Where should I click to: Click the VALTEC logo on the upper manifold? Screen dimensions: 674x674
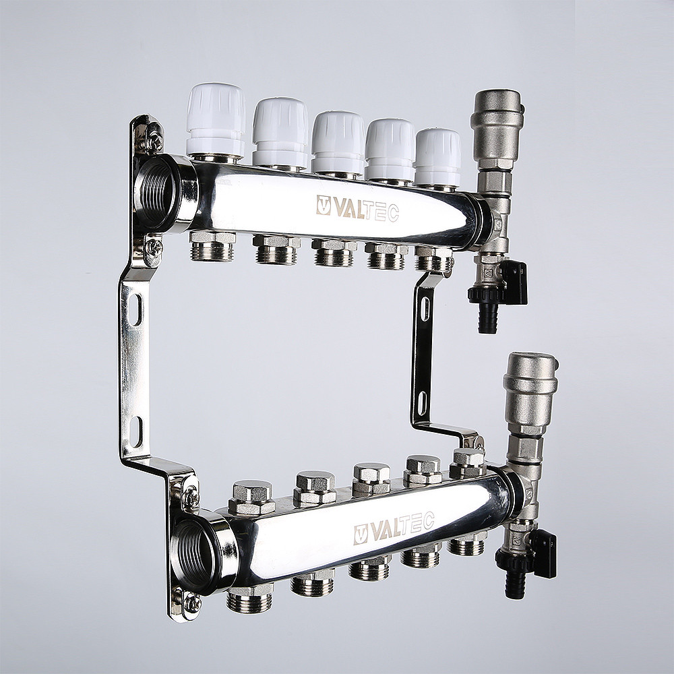pos(358,208)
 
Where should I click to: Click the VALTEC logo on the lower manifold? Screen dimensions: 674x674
pos(394,528)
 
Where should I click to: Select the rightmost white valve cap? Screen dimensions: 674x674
pos(438,157)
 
